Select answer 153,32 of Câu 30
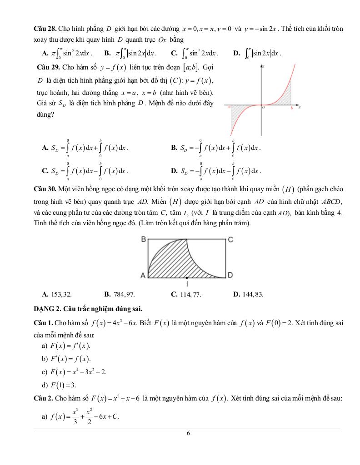click(56, 294)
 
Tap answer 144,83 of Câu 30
click(248, 294)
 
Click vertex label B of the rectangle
click(143, 239)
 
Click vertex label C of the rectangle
click(230, 239)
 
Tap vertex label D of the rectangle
click(230, 275)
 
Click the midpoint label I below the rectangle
click(187, 284)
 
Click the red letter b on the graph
click(291, 108)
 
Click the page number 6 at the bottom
click(188, 433)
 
